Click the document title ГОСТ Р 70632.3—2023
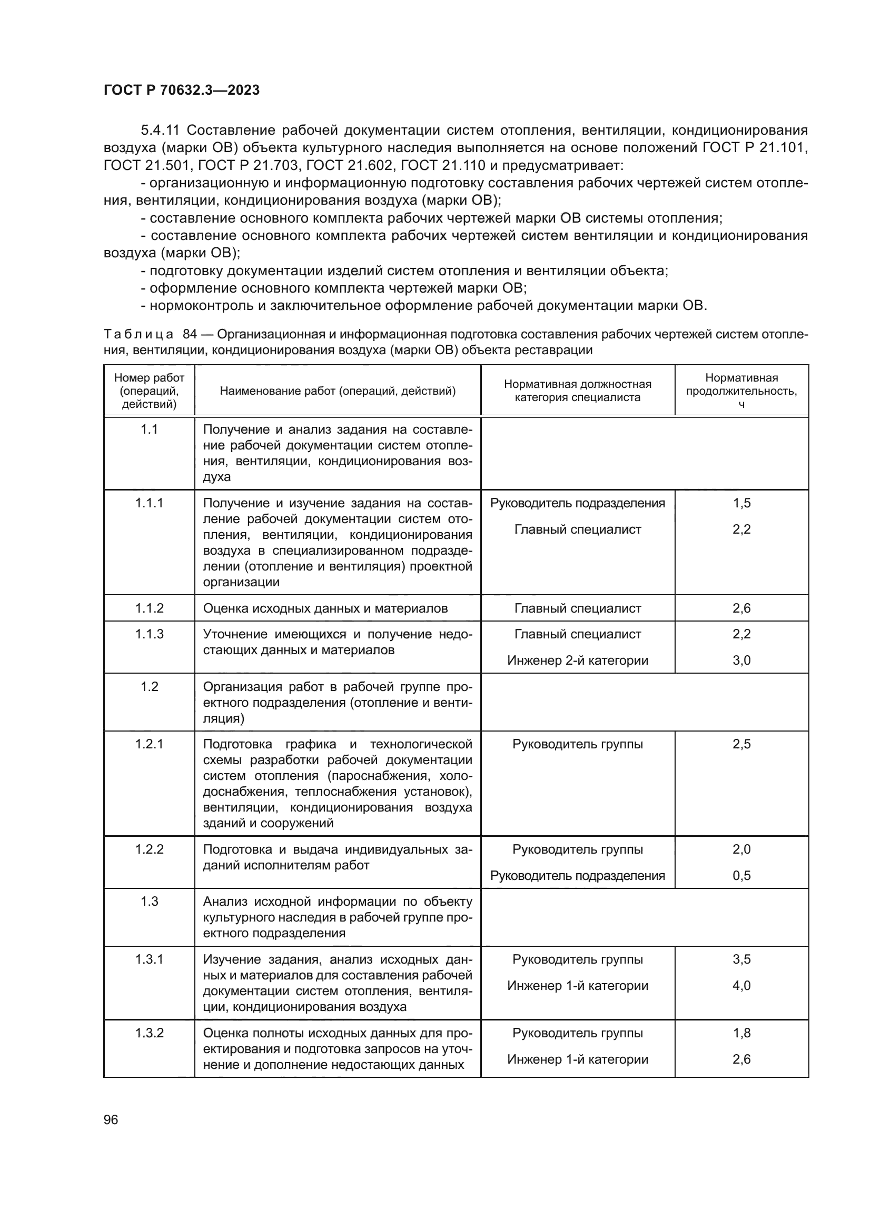coord(181,90)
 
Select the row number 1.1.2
coord(149,608)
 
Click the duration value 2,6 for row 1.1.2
coord(741,608)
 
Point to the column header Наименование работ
coord(338,391)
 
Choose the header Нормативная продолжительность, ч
coord(741,391)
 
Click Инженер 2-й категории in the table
coord(578,660)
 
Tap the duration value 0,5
coord(741,876)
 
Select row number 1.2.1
coord(149,744)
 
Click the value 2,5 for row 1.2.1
coord(741,744)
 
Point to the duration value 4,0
coord(741,985)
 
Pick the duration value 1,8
coord(741,1033)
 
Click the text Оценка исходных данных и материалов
coord(325,608)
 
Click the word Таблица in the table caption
coord(138,335)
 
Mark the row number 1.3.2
coord(149,1033)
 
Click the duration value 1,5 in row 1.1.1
coord(741,503)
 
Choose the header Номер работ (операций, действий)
coord(149,391)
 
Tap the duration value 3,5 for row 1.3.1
coord(741,959)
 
